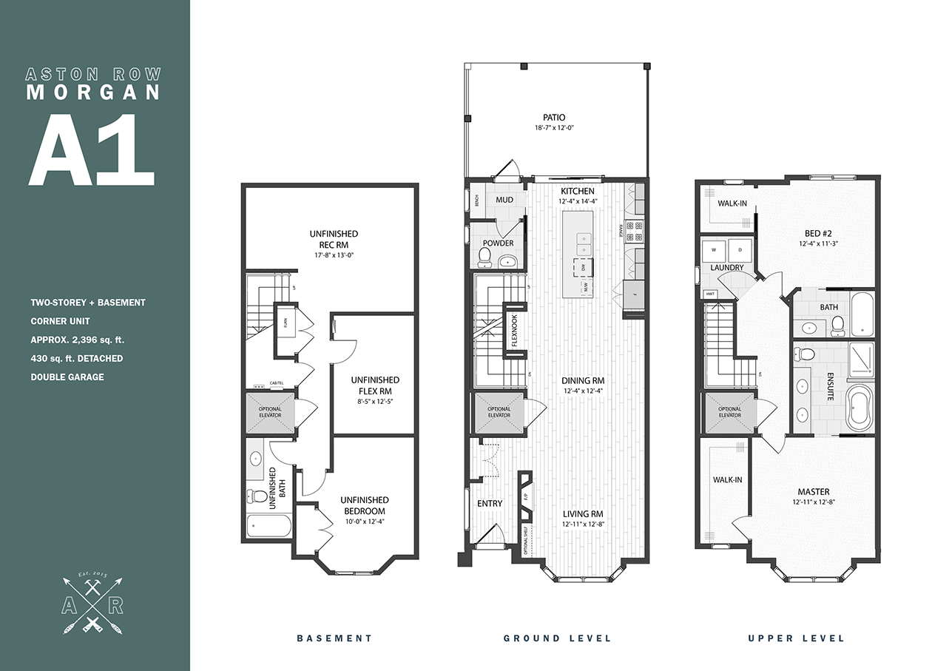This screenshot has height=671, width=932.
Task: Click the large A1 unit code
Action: [91, 149]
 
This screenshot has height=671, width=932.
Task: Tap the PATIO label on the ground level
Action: [553, 117]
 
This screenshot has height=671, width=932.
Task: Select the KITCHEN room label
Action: [577, 191]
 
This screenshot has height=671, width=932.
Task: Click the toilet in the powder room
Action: [485, 257]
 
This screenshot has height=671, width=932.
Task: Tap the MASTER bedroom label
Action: [813, 492]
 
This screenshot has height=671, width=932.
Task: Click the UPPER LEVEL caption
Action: [796, 638]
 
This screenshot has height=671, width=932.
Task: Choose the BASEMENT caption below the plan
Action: [334, 638]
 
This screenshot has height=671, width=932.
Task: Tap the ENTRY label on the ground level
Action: [489, 503]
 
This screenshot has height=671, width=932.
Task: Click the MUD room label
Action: [504, 200]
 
